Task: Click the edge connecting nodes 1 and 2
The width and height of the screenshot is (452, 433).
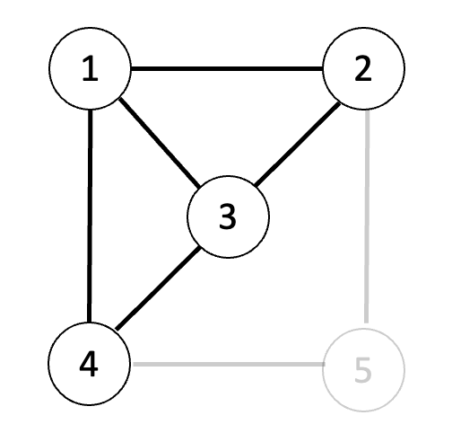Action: pos(227,69)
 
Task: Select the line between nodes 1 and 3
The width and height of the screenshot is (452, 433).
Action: pos(160,143)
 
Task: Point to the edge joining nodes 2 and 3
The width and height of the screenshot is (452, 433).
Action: pos(298,144)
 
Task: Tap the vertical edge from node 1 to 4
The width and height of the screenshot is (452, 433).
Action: pos(90,216)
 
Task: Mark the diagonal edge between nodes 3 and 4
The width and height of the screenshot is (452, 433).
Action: pos(158,288)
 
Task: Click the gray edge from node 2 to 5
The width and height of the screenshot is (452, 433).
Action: pos(367,216)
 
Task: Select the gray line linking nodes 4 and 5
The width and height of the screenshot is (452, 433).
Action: pos(229,364)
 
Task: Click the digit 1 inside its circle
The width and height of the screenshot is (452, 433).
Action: pos(90,69)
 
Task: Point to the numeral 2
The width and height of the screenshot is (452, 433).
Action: pos(363,69)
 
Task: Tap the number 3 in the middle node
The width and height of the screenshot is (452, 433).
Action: pos(228,216)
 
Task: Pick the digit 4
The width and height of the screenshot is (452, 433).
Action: pos(89,365)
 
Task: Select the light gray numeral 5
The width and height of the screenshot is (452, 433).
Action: pos(363,370)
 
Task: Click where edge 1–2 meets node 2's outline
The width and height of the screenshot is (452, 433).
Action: pos(323,69)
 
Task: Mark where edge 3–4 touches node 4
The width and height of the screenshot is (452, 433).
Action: pos(117,330)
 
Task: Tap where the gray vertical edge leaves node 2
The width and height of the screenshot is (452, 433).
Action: pos(367,110)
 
